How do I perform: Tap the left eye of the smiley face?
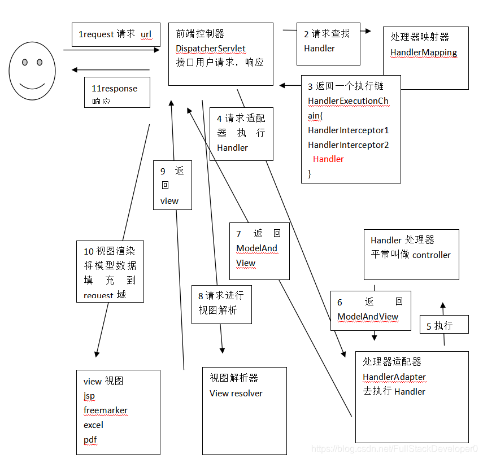pos(25,62)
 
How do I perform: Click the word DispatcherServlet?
pos(211,48)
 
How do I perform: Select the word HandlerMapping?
pos(424,53)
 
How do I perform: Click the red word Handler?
pos(328,159)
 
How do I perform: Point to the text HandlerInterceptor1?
pos(348,130)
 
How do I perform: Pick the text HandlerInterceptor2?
pos(348,145)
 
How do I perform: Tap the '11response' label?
pos(115,89)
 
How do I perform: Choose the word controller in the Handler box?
pos(432,255)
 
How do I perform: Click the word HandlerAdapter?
pos(394,377)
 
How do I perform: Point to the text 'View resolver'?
pos(236,393)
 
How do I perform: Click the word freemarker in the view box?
pos(106,410)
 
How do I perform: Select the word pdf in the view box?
pos(90,439)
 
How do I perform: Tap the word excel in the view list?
pos(94,425)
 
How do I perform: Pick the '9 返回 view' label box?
pos(172,185)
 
